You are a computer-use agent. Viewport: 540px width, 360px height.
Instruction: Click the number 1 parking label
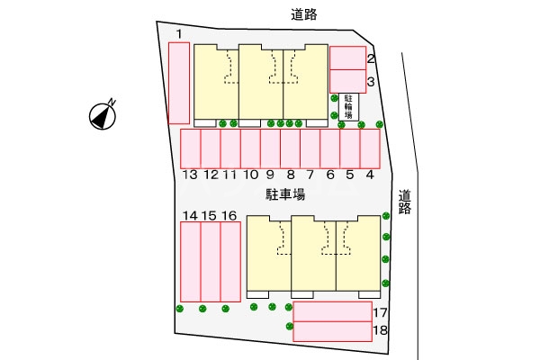pos(179,34)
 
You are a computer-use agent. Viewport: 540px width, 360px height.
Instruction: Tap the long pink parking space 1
pos(179,83)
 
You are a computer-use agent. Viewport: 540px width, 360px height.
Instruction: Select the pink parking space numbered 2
pos(347,58)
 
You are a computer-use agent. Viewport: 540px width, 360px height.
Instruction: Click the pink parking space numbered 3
pos(347,81)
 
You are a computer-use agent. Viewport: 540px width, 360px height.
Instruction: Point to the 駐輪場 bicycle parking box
pos(349,107)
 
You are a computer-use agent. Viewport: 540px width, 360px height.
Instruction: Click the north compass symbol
pos(103,115)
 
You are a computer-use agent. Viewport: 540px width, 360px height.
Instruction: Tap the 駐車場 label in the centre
pos(285,194)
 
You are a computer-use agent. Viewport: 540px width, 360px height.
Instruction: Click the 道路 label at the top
pos(304,14)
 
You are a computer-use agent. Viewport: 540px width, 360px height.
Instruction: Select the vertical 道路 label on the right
pos(405,202)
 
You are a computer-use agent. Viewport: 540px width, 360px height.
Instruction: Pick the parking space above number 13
pos(191,148)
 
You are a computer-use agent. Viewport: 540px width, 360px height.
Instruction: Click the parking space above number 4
pos(370,148)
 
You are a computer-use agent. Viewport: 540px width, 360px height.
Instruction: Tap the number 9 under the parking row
pos(270,175)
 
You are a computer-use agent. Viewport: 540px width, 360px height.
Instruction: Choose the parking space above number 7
pos(310,148)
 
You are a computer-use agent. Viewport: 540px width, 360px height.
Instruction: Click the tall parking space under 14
pos(191,262)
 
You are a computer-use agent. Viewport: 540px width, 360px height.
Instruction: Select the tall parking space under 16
pos(230,262)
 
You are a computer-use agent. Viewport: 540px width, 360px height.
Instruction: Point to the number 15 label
pos(209,216)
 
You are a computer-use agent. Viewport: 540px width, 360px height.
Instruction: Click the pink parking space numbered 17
pos(333,311)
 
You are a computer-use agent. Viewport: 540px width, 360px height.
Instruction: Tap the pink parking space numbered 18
pos(333,331)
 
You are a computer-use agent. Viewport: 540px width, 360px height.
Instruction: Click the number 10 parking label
pos(251,175)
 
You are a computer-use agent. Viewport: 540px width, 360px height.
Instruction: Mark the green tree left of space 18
pos(290,326)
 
